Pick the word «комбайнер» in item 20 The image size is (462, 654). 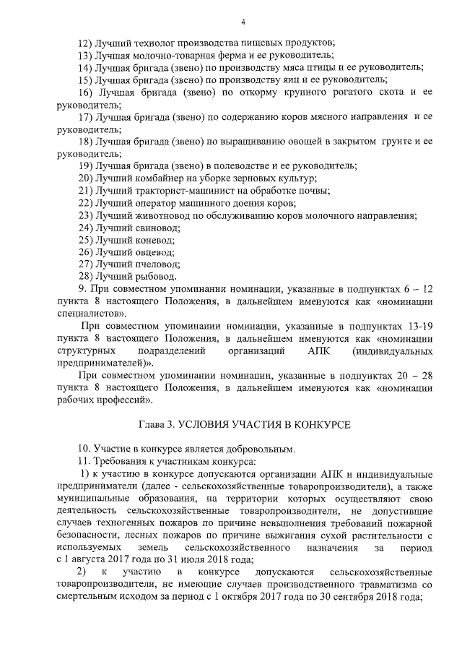click(158, 178)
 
